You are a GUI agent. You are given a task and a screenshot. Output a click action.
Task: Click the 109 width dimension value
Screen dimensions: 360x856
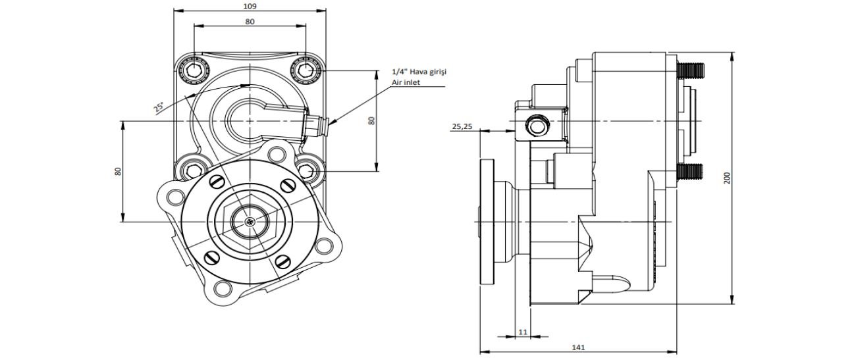tap(250, 6)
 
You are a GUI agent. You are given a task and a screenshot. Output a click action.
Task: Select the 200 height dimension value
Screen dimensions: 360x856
tap(727, 178)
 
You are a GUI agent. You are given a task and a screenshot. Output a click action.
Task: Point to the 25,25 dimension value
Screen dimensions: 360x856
tap(462, 127)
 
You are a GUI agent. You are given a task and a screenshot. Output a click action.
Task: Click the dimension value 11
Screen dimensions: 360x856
tap(522, 332)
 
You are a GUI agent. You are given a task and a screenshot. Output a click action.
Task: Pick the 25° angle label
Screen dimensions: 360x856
tap(159, 108)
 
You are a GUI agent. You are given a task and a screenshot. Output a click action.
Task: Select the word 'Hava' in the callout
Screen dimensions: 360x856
tap(419, 72)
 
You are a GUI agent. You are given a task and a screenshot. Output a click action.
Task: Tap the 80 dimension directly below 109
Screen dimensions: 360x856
tap(250, 22)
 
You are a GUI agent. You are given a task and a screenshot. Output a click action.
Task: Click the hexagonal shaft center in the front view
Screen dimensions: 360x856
tap(251, 222)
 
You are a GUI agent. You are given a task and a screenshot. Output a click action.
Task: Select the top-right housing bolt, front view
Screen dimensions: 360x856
tap(306, 69)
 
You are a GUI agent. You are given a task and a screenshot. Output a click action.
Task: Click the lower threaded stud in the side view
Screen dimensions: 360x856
tap(691, 172)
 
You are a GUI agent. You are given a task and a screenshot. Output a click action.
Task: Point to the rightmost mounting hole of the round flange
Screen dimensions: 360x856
tap(323, 246)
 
